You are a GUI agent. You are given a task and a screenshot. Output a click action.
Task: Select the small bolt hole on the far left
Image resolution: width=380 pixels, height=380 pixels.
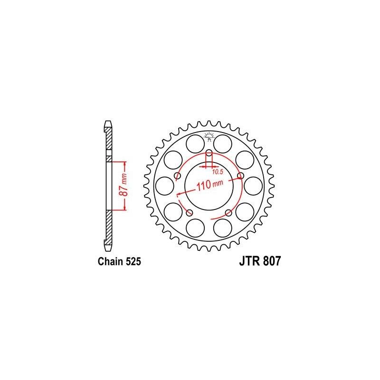[x=178, y=176]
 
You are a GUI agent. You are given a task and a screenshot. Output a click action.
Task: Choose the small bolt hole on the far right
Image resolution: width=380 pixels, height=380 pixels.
[x=240, y=176]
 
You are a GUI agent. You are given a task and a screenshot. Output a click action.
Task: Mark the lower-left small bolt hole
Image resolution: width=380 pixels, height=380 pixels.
[x=190, y=212]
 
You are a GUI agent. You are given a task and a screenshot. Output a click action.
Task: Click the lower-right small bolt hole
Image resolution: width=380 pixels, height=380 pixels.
[x=228, y=212]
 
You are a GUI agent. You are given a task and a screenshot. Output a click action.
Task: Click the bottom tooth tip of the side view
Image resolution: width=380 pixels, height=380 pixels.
[x=108, y=247]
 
